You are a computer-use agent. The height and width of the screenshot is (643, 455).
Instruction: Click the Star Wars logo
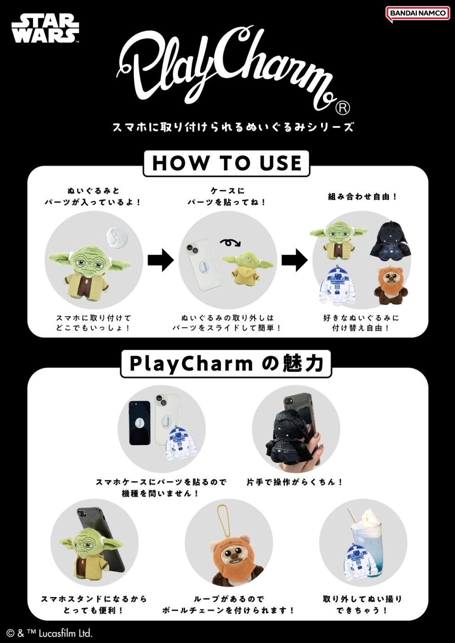tap(45, 28)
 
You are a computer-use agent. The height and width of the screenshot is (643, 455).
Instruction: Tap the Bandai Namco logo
tap(417, 13)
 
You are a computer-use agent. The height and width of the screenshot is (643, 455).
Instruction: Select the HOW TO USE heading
tap(227, 163)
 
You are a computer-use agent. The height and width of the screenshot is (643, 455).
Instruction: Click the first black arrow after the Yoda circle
tap(161, 260)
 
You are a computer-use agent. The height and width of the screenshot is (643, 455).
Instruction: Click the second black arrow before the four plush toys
tap(294, 260)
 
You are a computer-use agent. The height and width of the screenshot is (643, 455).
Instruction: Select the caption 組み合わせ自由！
tap(362, 197)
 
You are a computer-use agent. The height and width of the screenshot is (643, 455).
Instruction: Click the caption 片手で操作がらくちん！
tap(295, 482)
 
